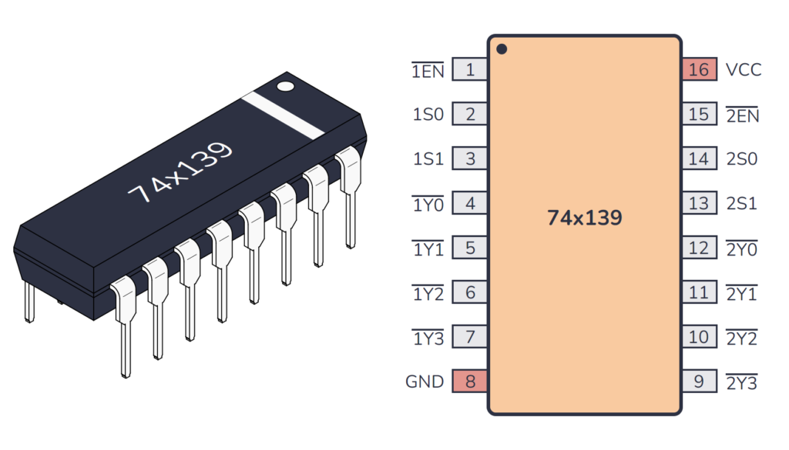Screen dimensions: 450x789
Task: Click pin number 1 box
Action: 469,70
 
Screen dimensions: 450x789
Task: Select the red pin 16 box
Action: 699,70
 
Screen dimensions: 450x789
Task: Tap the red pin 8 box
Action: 469,382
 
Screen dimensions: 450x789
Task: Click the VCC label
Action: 743,70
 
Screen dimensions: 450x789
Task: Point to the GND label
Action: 425,382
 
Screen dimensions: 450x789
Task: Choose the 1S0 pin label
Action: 428,115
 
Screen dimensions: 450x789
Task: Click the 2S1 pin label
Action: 742,204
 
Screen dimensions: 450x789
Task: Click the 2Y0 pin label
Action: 741,249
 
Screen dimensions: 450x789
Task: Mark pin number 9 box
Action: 699,382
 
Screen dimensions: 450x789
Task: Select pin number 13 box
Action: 699,204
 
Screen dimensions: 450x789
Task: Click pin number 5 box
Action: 469,248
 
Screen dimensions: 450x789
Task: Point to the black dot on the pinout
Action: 502,49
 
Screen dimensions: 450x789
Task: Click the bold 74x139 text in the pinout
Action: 584,218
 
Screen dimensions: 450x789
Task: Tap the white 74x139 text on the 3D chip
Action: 180,174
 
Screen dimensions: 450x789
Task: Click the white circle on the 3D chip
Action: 285,86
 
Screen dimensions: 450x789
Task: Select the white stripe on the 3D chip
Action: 282,115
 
